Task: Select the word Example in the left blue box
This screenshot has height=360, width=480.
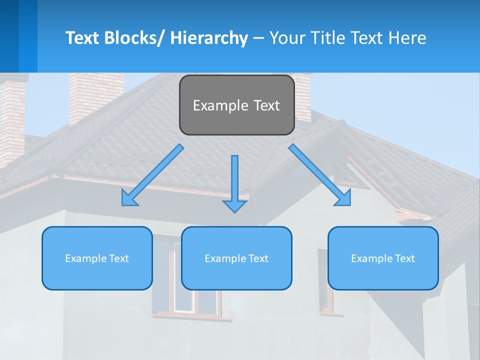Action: click(x=85, y=258)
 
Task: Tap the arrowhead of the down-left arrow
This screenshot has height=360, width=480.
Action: click(x=128, y=198)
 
